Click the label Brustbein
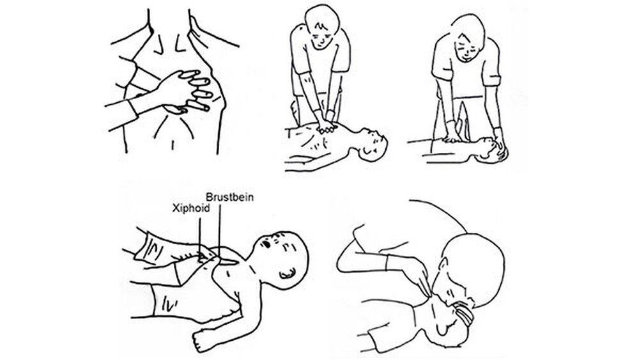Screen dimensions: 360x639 click(x=229, y=197)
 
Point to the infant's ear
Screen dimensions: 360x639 click(x=287, y=274)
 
